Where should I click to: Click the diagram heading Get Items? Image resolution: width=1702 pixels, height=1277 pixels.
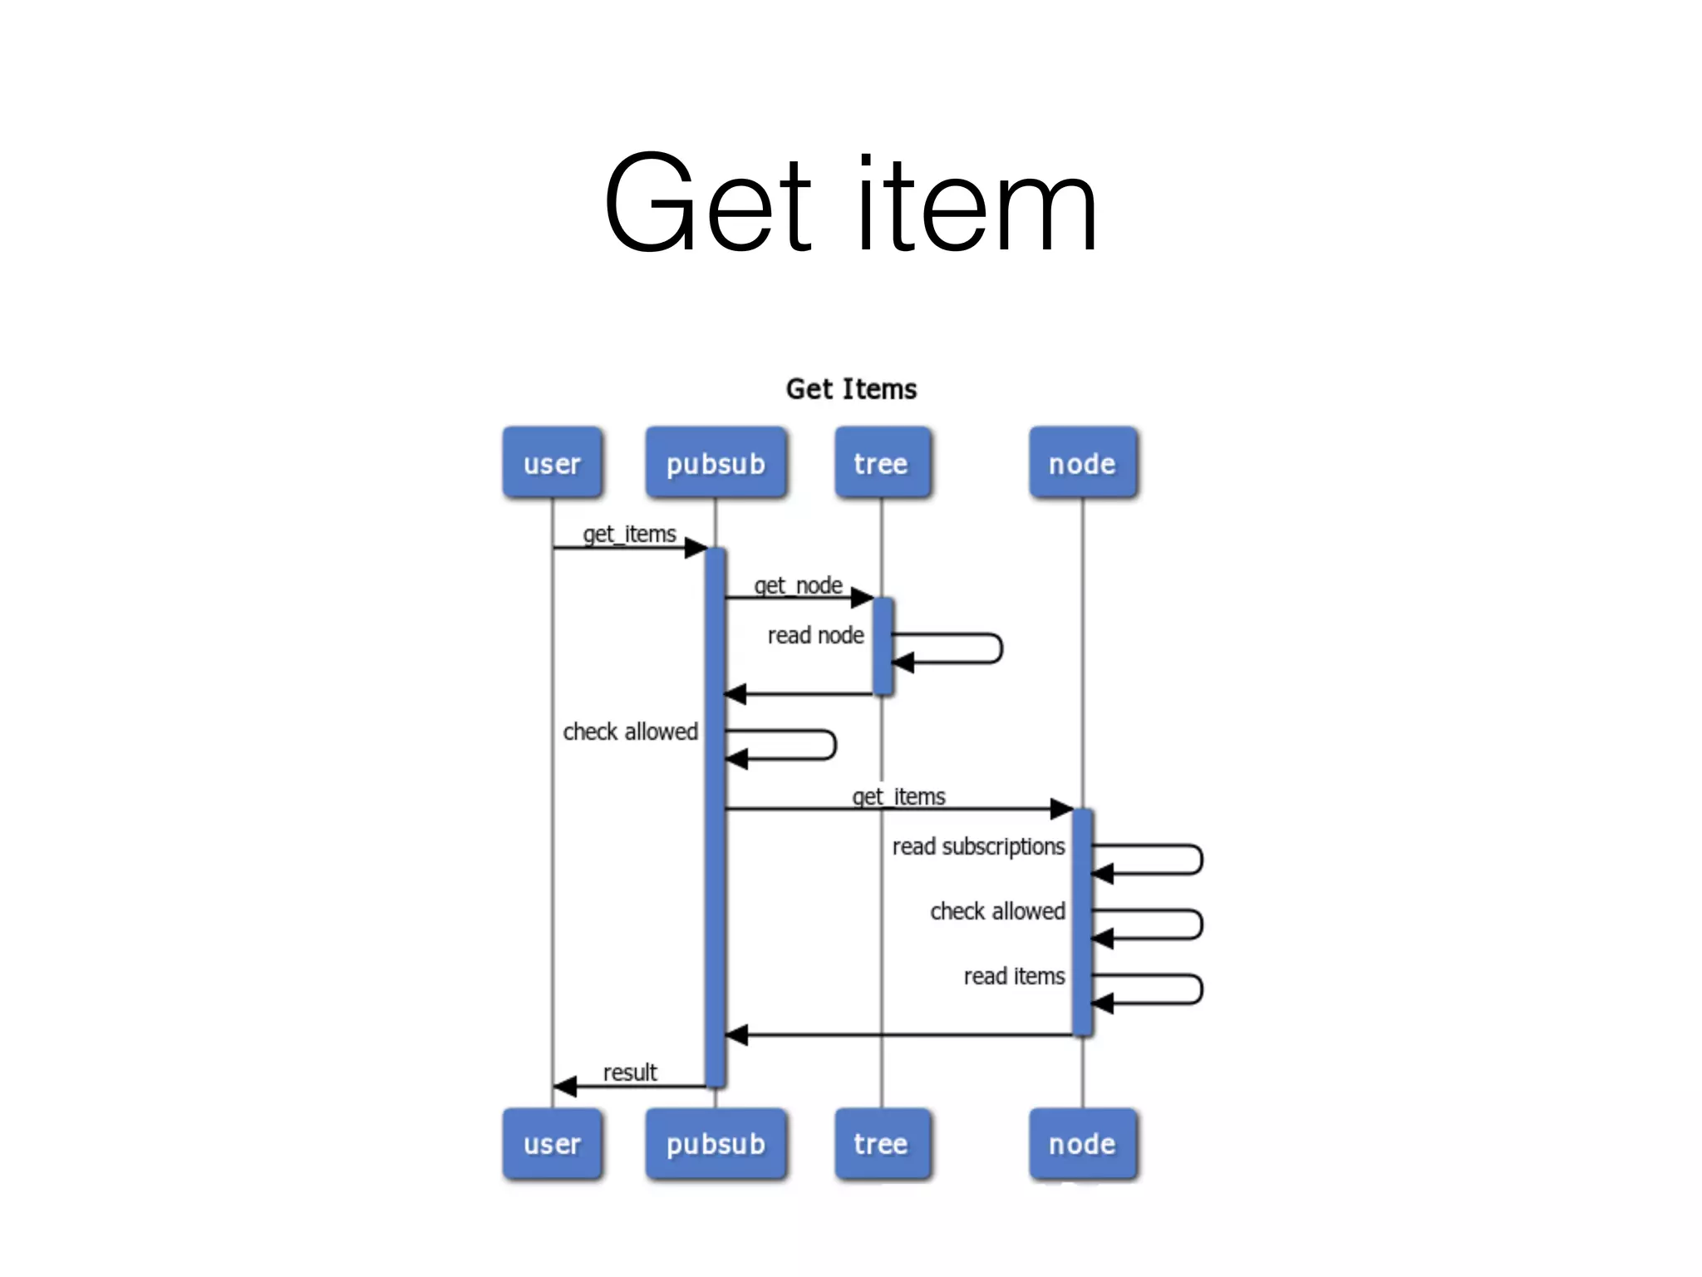coord(851,389)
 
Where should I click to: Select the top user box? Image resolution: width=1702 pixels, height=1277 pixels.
coord(552,463)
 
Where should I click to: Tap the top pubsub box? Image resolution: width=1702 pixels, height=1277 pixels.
coord(716,463)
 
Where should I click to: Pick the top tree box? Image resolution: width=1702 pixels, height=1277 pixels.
coord(882,463)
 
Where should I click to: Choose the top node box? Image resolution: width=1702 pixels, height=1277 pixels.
coord(1082,463)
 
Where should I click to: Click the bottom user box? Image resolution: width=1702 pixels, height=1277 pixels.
coord(552,1143)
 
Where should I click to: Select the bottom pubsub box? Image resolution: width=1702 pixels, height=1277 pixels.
coord(716,1143)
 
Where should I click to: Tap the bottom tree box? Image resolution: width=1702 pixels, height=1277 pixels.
coord(882,1143)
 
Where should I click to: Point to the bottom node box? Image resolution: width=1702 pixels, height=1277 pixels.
coord(1082,1143)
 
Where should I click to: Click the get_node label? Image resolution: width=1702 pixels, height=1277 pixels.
coord(798,585)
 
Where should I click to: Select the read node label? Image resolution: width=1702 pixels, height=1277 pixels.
coord(815,635)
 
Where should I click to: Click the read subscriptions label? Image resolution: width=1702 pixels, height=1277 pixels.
coord(978,846)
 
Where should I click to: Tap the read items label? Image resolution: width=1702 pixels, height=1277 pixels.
coord(1014,976)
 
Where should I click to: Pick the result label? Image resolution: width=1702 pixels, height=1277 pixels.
coord(630,1072)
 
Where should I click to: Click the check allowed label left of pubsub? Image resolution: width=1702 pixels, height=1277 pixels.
coord(630,732)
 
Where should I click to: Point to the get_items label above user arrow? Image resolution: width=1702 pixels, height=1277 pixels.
coord(629,534)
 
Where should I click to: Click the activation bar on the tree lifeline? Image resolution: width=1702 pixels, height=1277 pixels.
coord(883,646)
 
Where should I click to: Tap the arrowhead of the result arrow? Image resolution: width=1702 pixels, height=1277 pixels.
coord(565,1086)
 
